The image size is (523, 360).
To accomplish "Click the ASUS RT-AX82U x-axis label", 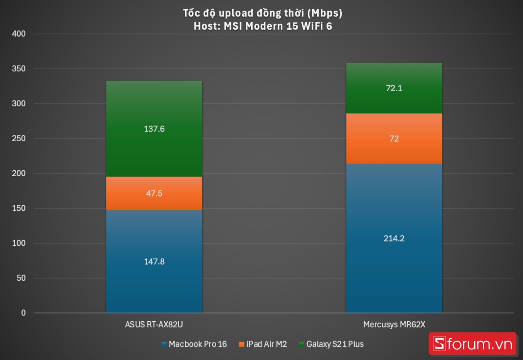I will coord(154,325).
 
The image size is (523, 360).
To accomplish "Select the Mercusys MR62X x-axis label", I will coord(394,325).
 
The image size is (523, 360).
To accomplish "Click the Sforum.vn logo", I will coord(472,344).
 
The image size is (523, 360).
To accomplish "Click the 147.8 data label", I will coord(154,262).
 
